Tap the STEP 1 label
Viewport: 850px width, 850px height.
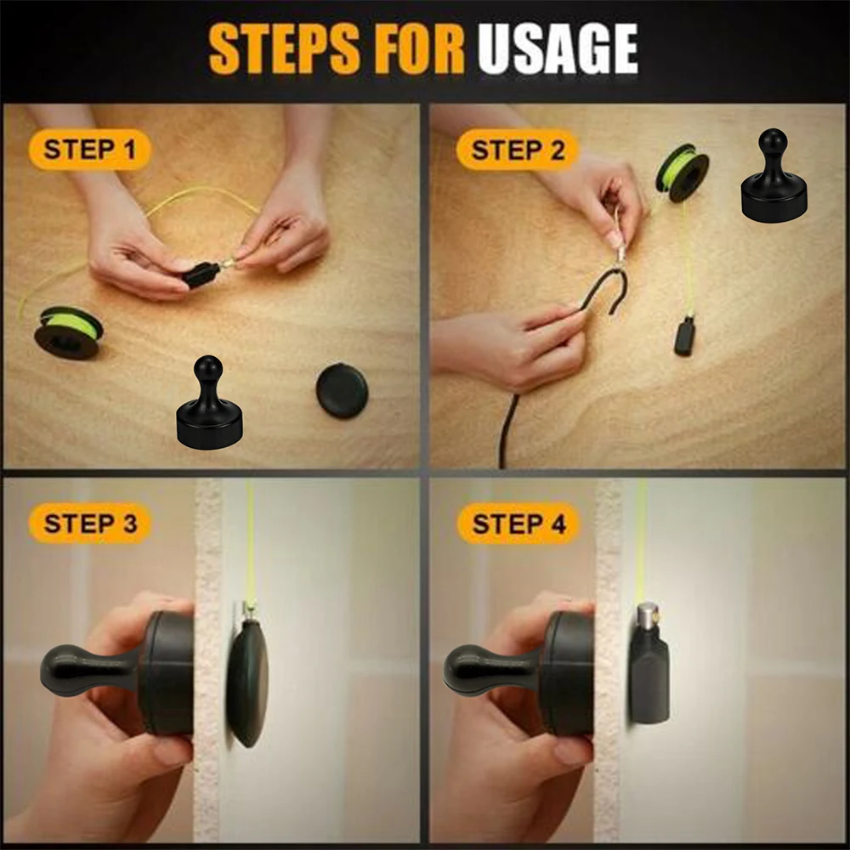pyautogui.click(x=89, y=150)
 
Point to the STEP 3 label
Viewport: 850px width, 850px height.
pyautogui.click(x=90, y=523)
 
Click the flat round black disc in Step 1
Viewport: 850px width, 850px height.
pyautogui.click(x=342, y=391)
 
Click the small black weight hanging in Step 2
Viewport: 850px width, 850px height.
pyautogui.click(x=685, y=335)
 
